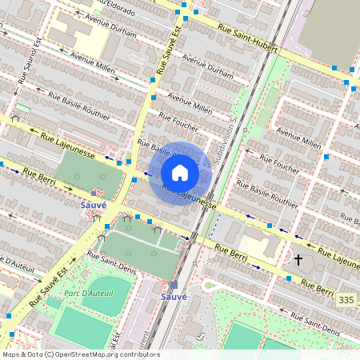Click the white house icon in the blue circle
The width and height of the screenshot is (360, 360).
tap(180, 173)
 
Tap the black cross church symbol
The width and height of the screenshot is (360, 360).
tap(298, 260)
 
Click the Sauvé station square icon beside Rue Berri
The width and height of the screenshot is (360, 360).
tap(94, 193)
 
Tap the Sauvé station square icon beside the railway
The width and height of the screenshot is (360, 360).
tap(174, 285)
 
